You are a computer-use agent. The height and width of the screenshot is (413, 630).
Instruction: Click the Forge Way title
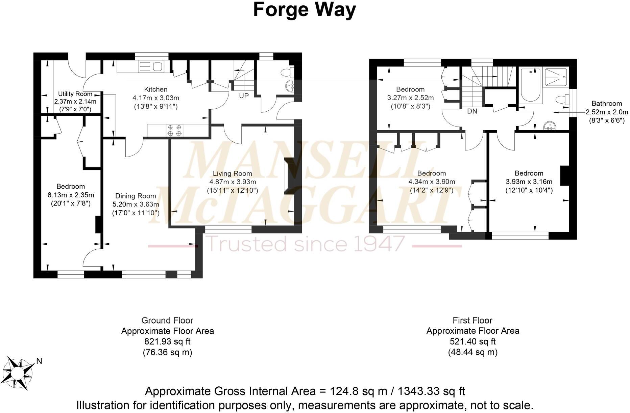coord(304,10)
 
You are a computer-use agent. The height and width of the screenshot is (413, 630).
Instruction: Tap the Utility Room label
coord(75,94)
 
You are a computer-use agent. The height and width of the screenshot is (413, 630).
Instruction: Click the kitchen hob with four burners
coord(174,130)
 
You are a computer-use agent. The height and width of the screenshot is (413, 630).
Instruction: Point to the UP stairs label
coord(244,96)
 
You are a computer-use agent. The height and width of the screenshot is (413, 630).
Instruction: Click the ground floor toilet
coord(288,72)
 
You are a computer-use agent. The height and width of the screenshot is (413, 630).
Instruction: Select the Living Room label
coord(232,173)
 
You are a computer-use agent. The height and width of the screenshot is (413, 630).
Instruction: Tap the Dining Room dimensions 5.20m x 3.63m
coord(136,204)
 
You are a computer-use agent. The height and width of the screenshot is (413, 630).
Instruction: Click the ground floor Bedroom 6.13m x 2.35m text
coord(71,195)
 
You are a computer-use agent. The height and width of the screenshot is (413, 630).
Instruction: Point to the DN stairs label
coord(472,111)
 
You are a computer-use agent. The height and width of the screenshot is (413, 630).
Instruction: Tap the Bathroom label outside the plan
coord(606,104)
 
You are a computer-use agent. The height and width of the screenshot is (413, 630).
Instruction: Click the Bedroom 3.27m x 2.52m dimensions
coord(410,98)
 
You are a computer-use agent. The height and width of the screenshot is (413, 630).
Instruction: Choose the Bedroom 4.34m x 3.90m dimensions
coord(432,182)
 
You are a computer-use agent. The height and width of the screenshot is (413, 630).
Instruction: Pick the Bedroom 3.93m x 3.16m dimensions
coord(529,182)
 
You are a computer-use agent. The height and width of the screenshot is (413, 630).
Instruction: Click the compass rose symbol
coord(20,374)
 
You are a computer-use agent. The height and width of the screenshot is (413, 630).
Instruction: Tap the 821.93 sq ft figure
coord(167,341)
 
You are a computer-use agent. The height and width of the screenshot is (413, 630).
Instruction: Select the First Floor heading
coord(472,320)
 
